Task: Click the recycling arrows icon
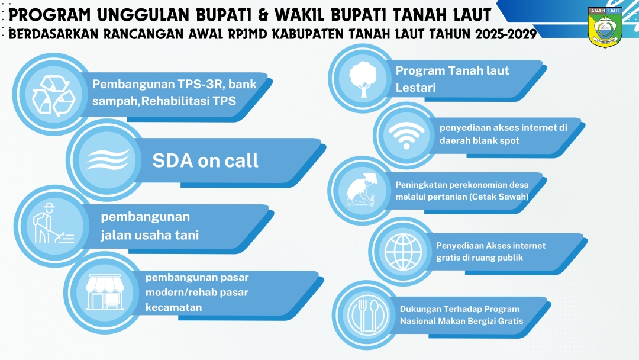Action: (x=54, y=95)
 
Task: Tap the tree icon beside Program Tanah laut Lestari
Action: (x=363, y=79)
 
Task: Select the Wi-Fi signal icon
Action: (x=406, y=135)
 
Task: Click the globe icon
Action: (x=403, y=252)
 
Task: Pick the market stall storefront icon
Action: (x=105, y=291)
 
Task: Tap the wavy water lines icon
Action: (x=108, y=159)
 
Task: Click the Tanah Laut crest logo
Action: (x=605, y=26)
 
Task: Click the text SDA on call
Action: (x=205, y=160)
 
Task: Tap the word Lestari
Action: (x=416, y=88)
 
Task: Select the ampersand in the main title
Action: (x=264, y=15)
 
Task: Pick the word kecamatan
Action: (x=173, y=307)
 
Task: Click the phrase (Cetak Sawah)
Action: (x=499, y=197)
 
